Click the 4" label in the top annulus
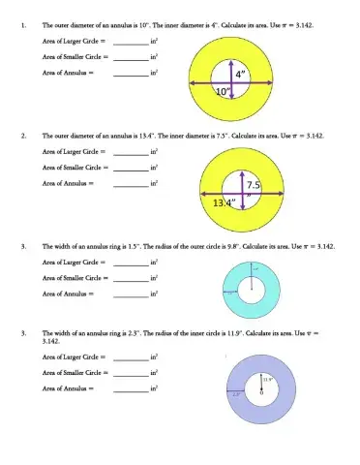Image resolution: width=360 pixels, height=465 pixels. tap(240, 74)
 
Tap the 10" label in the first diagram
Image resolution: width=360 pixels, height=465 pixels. tap(224, 91)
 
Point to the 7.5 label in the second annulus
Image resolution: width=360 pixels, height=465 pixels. tap(255, 184)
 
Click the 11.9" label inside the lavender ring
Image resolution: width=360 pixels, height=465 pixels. tap(265, 380)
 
